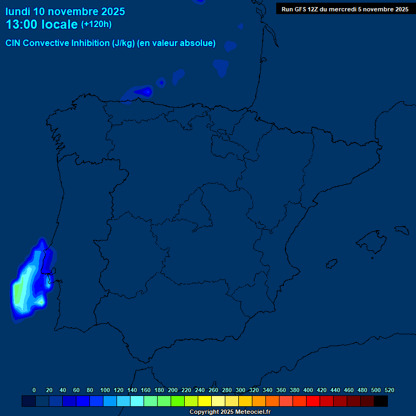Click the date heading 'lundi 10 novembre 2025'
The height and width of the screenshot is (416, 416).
click(65, 11)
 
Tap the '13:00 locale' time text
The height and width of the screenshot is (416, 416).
click(42, 24)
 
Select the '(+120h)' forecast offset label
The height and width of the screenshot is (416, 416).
click(96, 24)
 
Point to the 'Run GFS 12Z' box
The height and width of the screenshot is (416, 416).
click(344, 9)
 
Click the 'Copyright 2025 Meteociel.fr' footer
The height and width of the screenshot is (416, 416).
click(230, 412)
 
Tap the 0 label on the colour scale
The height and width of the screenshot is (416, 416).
click(34, 390)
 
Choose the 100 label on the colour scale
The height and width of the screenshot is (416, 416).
click(105, 390)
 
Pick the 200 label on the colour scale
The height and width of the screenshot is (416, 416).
click(173, 390)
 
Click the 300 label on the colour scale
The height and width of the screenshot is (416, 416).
click(240, 390)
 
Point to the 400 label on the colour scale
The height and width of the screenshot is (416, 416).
click(308, 390)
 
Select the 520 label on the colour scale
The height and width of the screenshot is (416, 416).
click(389, 390)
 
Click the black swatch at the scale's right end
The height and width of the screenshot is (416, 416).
click(381, 401)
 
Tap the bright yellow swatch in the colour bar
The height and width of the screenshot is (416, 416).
click(205, 401)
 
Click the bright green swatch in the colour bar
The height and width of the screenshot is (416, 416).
click(178, 401)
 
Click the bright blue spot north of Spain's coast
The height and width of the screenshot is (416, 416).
click(145, 92)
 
